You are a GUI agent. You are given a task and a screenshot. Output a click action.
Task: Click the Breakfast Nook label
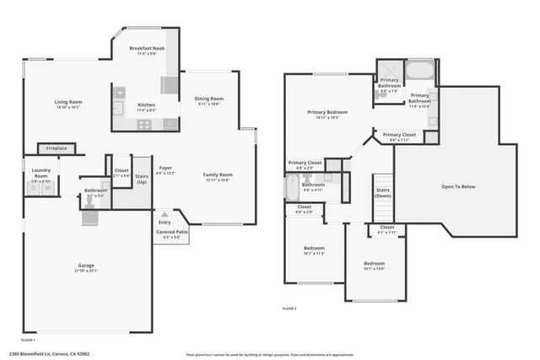click(x=146, y=50)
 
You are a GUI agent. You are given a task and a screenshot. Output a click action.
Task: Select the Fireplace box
click(x=63, y=149)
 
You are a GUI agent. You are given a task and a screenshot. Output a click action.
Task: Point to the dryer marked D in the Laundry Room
click(x=35, y=189)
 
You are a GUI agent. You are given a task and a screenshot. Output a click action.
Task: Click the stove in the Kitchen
click(x=144, y=123)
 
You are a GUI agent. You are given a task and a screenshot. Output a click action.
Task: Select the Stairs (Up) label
click(x=142, y=179)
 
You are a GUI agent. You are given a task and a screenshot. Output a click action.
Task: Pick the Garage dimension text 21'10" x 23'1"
click(x=88, y=271)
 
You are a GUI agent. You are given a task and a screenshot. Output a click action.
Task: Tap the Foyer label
click(x=165, y=169)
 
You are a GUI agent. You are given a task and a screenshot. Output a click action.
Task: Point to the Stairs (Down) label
click(x=383, y=192)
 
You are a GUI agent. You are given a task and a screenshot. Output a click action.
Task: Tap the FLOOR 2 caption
click(x=290, y=309)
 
